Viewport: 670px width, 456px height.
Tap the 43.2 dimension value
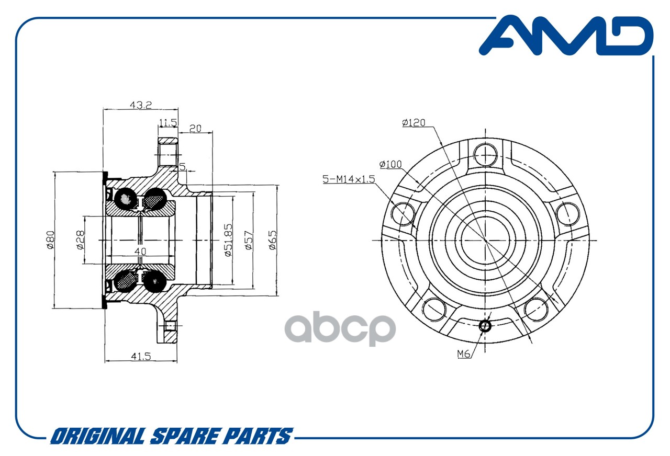point(141,105)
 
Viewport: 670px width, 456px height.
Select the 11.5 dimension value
point(168,122)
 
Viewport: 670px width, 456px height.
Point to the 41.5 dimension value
point(141,357)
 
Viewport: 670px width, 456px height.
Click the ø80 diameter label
point(50,240)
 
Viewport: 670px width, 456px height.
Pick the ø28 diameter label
point(80,240)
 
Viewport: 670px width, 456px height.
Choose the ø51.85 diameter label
point(228,240)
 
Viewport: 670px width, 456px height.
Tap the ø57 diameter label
point(248,240)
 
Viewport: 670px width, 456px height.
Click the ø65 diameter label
point(272,240)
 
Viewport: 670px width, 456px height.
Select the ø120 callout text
point(414,122)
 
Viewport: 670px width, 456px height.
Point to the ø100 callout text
point(390,164)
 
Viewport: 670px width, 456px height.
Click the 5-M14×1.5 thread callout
point(349,179)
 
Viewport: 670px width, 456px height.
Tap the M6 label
point(464,354)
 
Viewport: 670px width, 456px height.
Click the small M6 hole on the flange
point(485,326)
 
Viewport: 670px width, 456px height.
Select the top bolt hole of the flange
point(485,155)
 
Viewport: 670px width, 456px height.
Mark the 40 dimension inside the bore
point(140,252)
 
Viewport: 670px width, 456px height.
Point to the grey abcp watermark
point(340,328)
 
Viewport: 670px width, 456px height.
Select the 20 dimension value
point(195,129)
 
